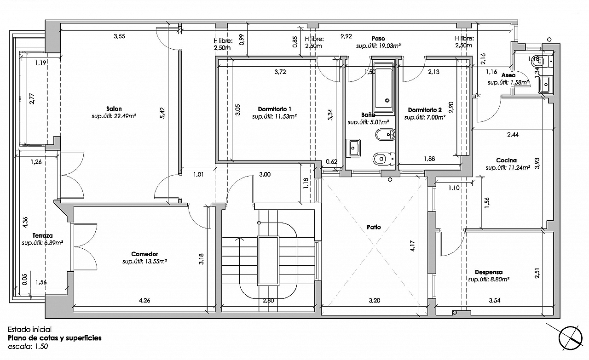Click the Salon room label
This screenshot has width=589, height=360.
click(x=114, y=109)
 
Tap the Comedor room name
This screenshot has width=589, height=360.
click(x=144, y=254)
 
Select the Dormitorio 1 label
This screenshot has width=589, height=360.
click(x=274, y=109)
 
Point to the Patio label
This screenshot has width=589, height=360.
click(x=374, y=227)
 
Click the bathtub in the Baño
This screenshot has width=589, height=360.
click(x=384, y=87)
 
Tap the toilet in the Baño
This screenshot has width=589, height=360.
click(x=384, y=159)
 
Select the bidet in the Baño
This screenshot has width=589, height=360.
click(x=385, y=135)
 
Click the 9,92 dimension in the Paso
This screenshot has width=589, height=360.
click(x=346, y=36)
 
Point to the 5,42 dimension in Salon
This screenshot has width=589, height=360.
click(x=162, y=113)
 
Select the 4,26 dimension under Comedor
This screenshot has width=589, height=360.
click(x=144, y=300)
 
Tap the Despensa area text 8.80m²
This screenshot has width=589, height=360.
click(x=489, y=280)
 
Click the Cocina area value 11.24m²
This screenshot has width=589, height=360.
click(x=508, y=167)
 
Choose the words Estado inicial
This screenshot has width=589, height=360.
click(x=29, y=329)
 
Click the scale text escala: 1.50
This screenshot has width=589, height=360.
click(x=28, y=346)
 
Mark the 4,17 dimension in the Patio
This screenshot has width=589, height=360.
click(x=412, y=246)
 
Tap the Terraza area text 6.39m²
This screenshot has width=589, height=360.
click(x=42, y=243)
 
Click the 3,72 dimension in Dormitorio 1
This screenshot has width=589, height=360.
click(x=280, y=72)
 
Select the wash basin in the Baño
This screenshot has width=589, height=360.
click(x=353, y=148)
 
